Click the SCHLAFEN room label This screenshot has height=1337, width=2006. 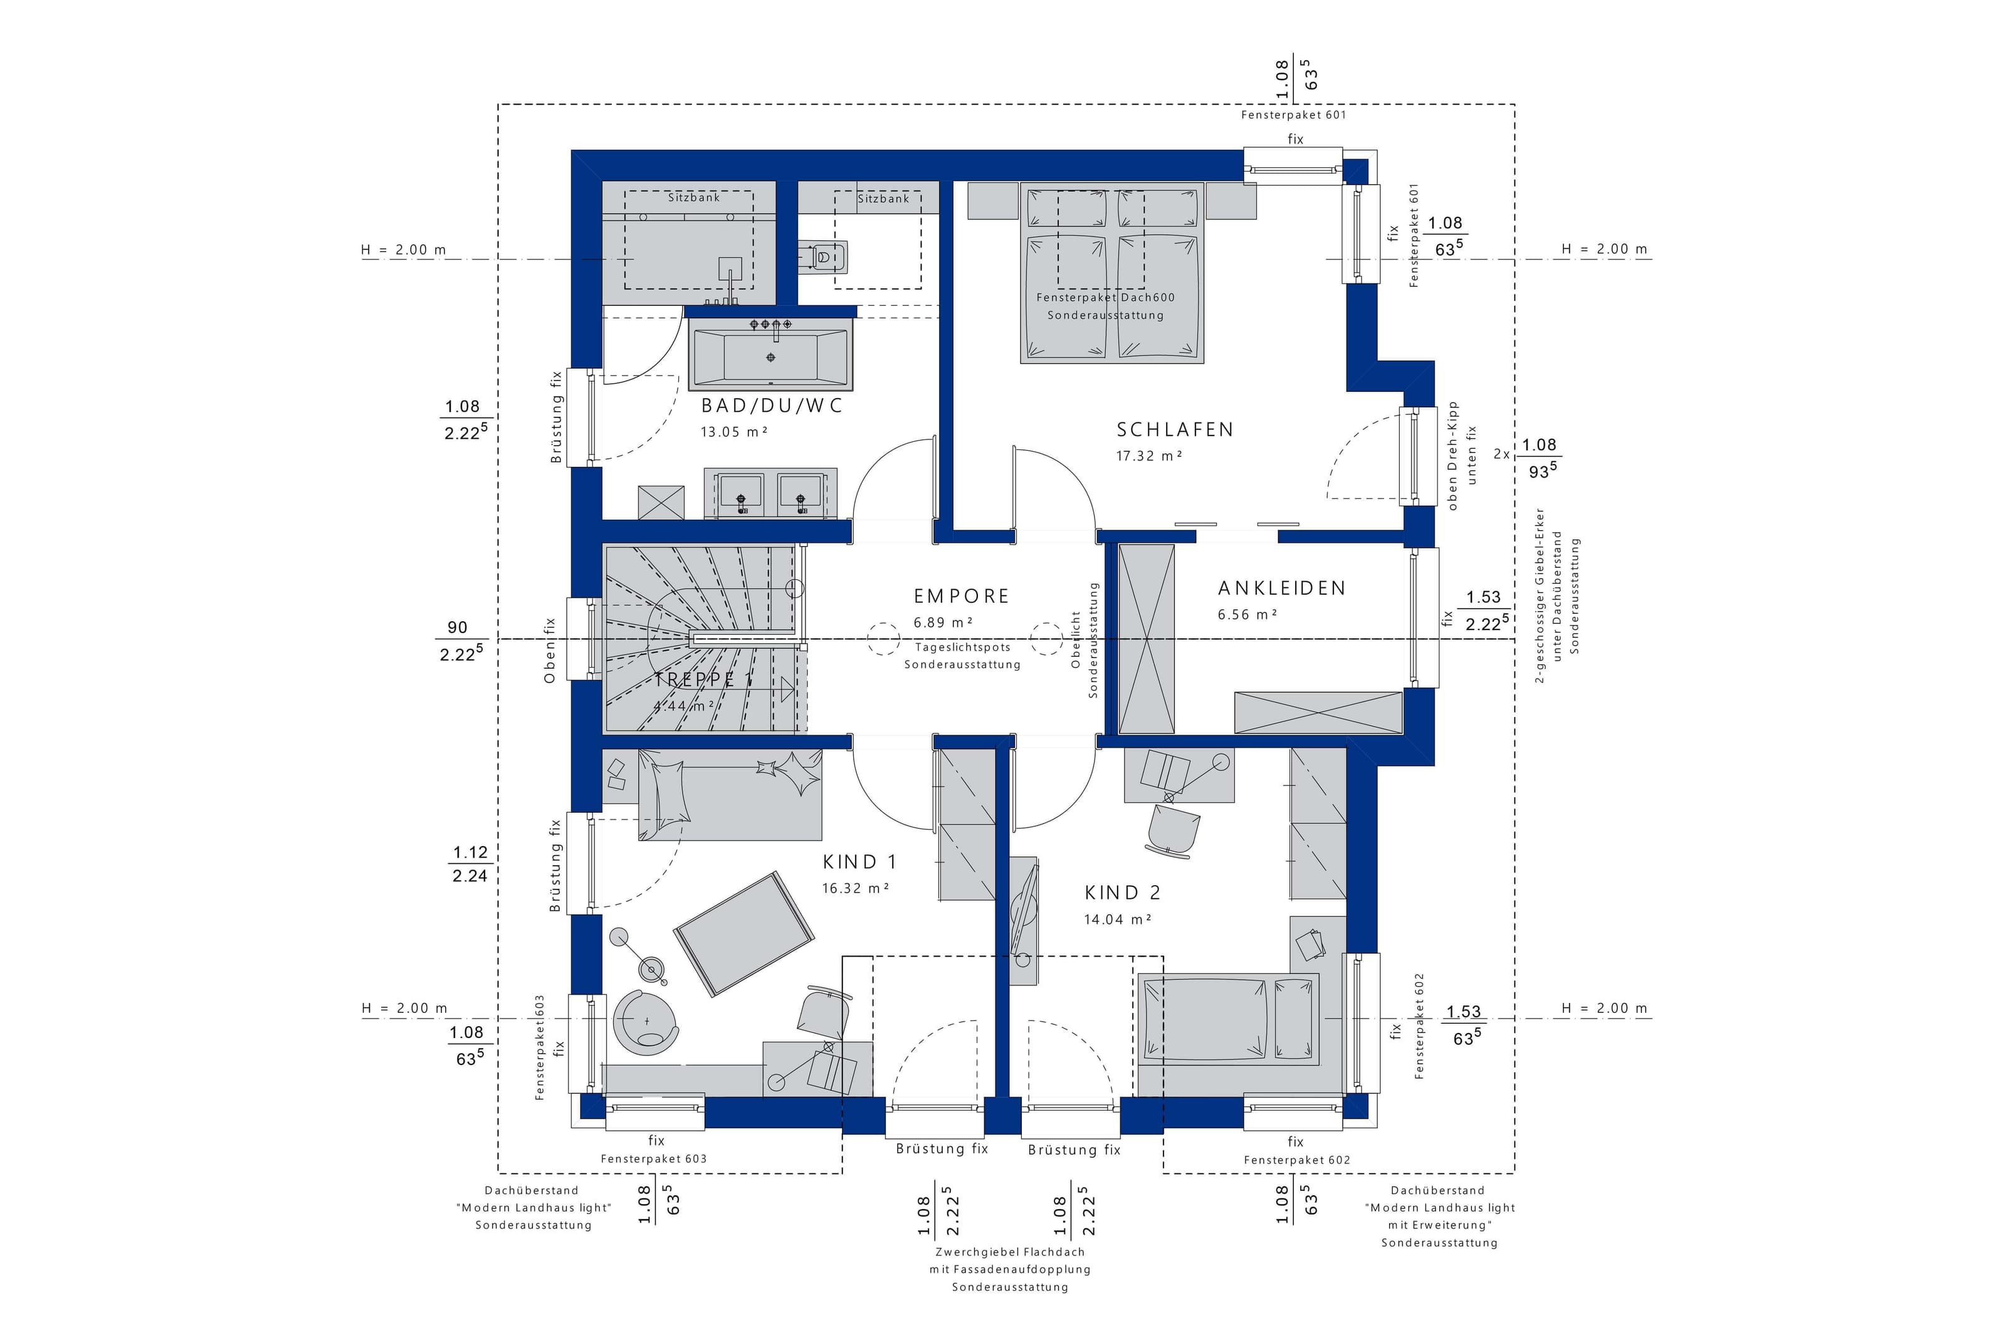(1175, 430)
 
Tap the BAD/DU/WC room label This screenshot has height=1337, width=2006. (772, 406)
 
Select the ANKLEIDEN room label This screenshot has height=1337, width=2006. (1281, 589)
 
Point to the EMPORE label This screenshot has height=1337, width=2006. (961, 597)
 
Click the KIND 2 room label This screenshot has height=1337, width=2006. (1122, 893)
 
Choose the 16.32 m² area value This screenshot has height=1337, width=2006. (855, 888)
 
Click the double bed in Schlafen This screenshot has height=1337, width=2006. (1111, 273)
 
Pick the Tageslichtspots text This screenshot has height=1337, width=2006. (962, 647)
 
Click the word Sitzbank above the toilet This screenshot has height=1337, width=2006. (883, 199)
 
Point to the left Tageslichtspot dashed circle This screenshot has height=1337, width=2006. (883, 639)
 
